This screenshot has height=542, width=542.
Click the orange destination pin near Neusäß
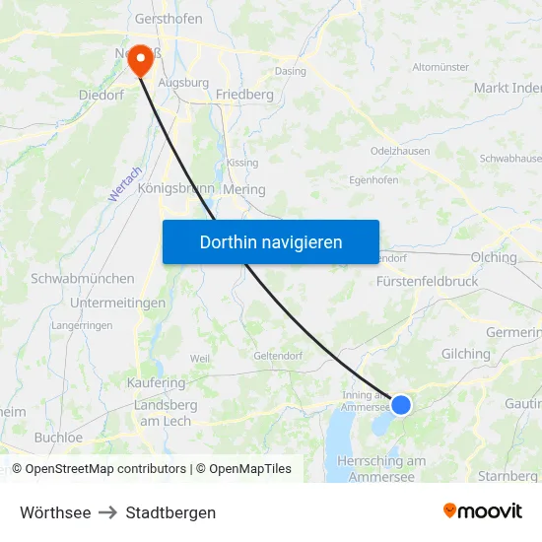pos(141,60)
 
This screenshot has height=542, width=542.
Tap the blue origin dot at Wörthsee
pos(401,404)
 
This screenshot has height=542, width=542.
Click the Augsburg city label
pos(184,83)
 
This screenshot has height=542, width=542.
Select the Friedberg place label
pos(243,95)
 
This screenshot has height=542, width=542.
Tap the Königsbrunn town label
pos(176,188)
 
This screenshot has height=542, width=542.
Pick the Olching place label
pos(494,257)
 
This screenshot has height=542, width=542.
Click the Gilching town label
pos(466,354)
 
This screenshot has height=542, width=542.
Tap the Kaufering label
pos(156,382)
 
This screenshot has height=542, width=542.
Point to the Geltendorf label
pos(276,356)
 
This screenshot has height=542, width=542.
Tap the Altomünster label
pos(440,67)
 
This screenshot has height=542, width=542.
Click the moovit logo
pos(482,511)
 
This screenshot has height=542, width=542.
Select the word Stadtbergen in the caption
pos(170,512)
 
